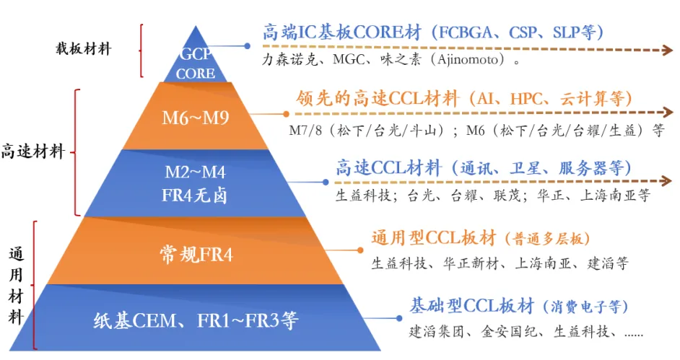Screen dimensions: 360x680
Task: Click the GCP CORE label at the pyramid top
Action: point(196,63)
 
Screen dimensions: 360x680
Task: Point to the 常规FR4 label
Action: point(196,253)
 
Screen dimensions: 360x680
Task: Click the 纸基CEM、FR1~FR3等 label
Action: point(196,320)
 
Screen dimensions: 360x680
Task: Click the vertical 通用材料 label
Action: point(17,285)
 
